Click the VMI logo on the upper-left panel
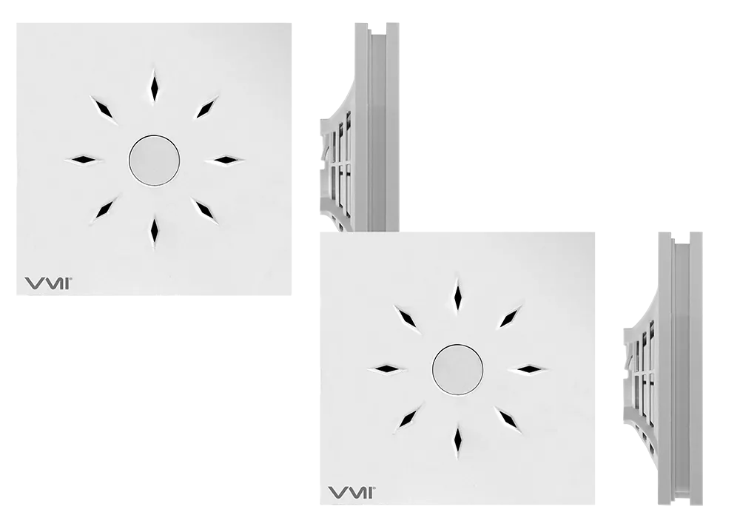pos(47,283)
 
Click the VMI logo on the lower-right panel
pos(351,492)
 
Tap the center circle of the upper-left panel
pos(155,160)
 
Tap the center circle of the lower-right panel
pos(458,369)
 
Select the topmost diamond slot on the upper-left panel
pos(154,85)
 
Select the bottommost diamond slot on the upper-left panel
pos(154,232)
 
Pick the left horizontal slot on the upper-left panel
pos(84,160)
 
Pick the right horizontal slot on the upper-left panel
pos(224,160)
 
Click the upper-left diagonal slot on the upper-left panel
pos(104,110)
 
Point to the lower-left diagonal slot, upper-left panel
pos(104,209)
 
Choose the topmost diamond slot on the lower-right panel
pos(457,294)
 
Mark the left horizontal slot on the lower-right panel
pos(388,368)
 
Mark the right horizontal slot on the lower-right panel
pos(528,368)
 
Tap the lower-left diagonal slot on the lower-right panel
pos(408,418)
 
